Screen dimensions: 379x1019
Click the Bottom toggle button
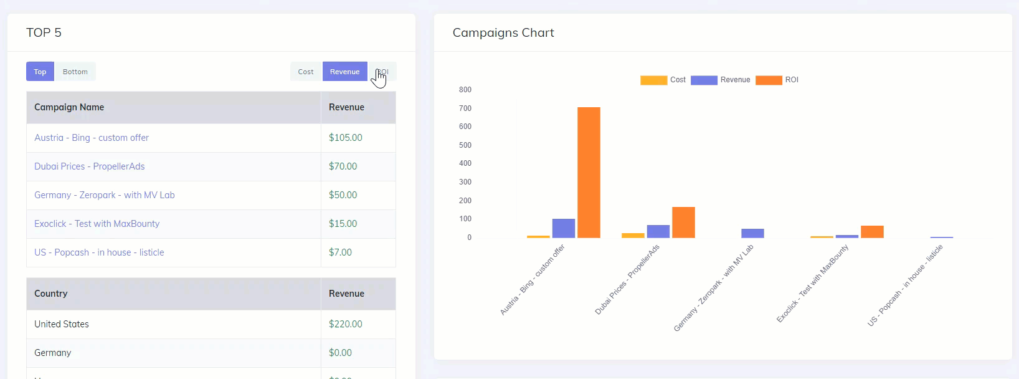point(75,72)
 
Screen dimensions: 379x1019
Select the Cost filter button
point(306,72)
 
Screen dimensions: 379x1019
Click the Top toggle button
point(40,72)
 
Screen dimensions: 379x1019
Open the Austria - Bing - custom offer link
point(92,138)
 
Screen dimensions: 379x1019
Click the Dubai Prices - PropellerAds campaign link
point(90,166)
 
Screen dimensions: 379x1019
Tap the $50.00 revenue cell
point(343,195)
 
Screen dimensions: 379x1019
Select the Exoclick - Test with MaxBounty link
point(97,224)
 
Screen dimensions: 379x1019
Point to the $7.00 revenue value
point(341,252)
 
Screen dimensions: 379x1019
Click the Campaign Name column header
point(69,107)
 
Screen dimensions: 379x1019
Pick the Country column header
point(51,294)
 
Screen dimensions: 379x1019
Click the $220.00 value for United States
point(346,324)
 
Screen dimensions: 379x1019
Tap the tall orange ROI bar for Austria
point(589,173)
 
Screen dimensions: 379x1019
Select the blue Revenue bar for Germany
point(752,233)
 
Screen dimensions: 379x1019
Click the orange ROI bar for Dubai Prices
point(683,223)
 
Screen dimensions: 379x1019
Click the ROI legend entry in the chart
point(777,80)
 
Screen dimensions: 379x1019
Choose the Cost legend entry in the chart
point(663,80)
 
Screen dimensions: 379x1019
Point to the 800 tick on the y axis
point(465,90)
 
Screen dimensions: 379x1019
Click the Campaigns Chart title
point(503,33)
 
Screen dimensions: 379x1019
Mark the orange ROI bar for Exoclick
point(872,232)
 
